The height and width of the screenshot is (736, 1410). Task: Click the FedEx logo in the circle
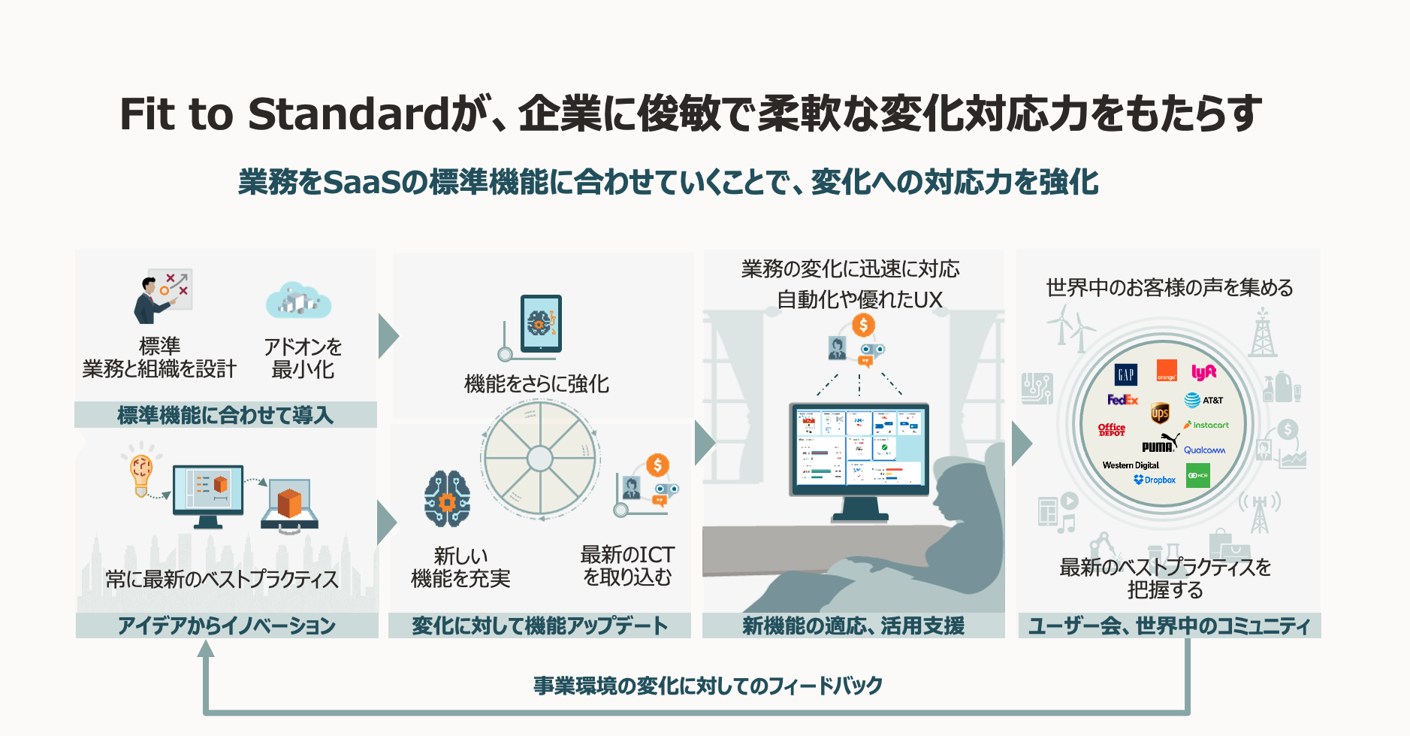click(1122, 399)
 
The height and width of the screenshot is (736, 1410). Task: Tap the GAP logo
click(1125, 374)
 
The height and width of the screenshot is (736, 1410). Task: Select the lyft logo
click(1203, 372)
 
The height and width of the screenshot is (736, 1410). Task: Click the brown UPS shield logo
click(1160, 413)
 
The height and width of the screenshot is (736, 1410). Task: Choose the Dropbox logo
click(1155, 480)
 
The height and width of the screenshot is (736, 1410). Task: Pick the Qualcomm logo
click(1204, 450)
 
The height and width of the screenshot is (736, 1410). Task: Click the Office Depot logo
click(1112, 429)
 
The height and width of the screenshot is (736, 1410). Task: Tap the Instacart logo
click(1206, 425)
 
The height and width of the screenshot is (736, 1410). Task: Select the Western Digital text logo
click(1131, 465)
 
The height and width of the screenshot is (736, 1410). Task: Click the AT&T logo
click(1203, 400)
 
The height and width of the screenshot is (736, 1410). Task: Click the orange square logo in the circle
click(1167, 371)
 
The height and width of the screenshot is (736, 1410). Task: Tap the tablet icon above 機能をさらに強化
click(541, 323)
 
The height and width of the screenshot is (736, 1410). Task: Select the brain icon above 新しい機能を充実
click(447, 498)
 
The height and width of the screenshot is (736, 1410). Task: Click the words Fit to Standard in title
click(284, 114)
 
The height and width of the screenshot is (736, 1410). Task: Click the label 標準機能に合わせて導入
click(225, 415)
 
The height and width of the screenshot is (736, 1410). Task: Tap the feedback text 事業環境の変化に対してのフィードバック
click(708, 686)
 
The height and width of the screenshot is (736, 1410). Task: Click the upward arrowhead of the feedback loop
click(206, 648)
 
